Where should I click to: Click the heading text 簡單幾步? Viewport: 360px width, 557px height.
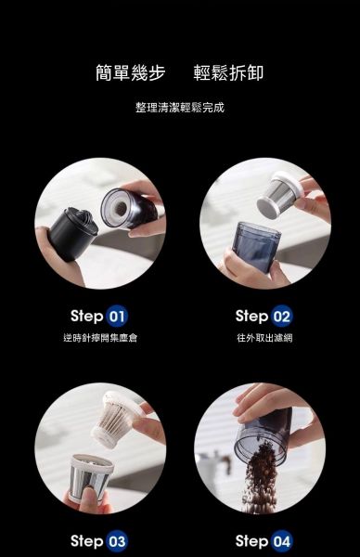131,72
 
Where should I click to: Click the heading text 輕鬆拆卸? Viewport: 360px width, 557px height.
228,72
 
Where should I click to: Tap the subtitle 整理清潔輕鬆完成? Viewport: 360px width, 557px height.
180,108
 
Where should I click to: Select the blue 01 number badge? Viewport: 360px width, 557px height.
117,316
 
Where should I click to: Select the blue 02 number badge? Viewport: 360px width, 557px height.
281,316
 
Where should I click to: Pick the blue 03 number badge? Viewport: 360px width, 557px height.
117,541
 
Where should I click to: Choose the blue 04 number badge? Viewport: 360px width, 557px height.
281,541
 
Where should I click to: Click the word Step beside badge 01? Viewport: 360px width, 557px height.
87,316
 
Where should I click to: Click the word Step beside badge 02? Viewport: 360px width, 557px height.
251,316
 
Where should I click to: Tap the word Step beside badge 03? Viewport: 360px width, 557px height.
87,541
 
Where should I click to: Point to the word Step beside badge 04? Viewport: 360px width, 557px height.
251,541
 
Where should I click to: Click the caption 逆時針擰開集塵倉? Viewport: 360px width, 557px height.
100,338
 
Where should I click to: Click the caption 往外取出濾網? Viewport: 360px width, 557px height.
264,338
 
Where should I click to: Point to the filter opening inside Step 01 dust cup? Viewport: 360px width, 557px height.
121,208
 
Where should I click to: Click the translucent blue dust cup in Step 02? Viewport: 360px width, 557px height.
255,246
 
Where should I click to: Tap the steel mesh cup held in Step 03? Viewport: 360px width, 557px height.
91,478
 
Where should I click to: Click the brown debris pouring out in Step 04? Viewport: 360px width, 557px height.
260,478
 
